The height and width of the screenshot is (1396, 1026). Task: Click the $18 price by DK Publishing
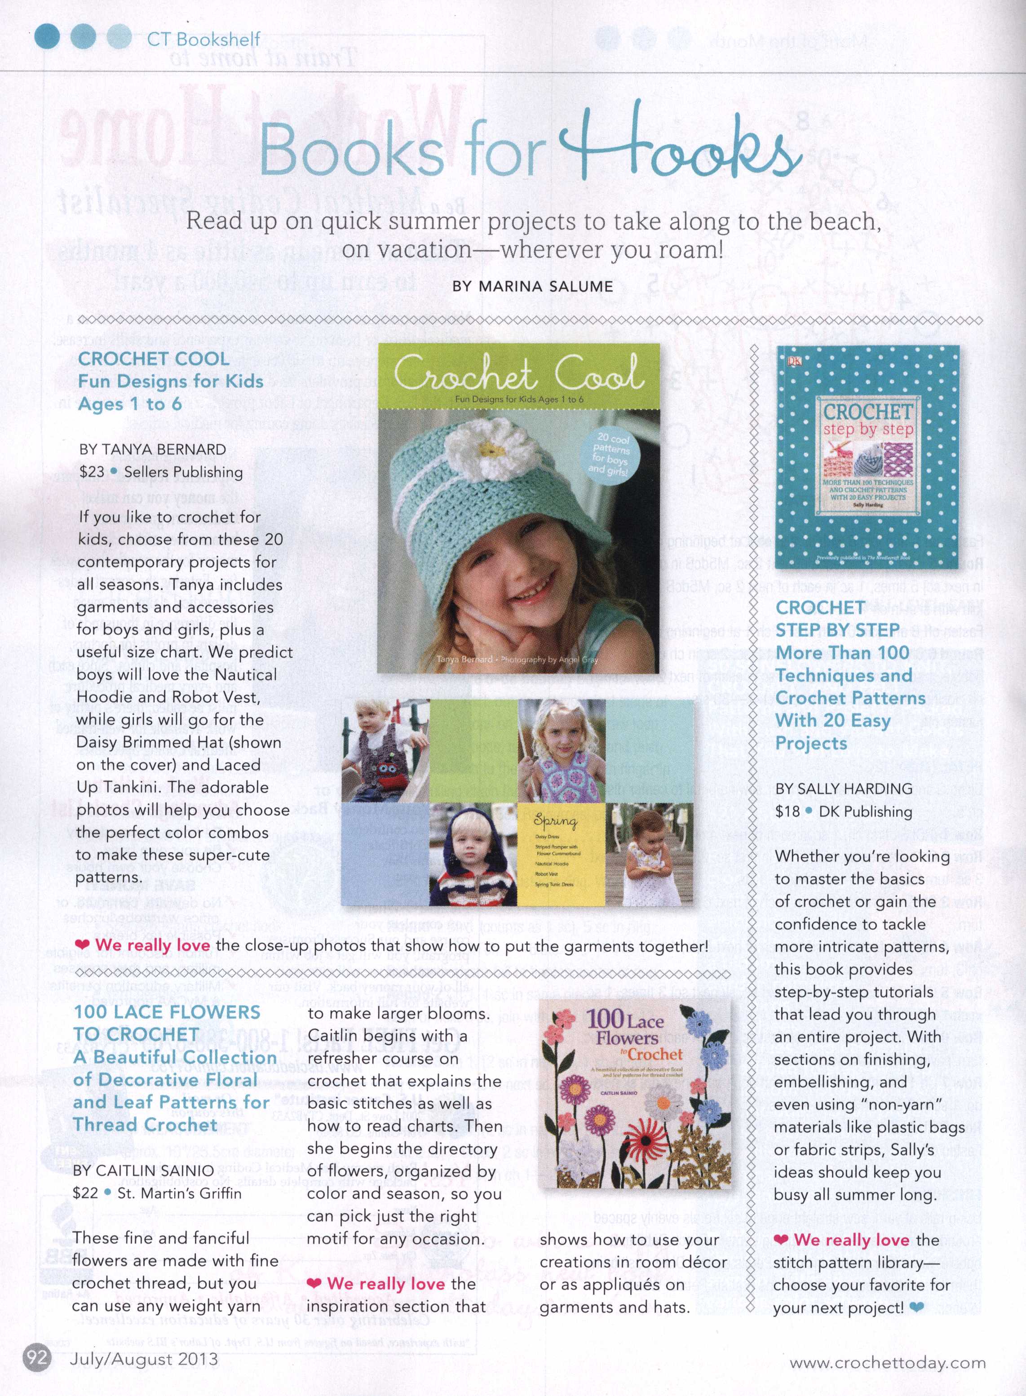coord(787,811)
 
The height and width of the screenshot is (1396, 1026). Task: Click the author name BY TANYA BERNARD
coord(153,449)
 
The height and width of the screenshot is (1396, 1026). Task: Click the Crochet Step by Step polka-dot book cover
coord(867,456)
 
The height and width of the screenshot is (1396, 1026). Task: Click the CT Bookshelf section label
coord(203,39)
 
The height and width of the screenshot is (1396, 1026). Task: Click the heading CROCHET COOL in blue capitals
coord(153,359)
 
